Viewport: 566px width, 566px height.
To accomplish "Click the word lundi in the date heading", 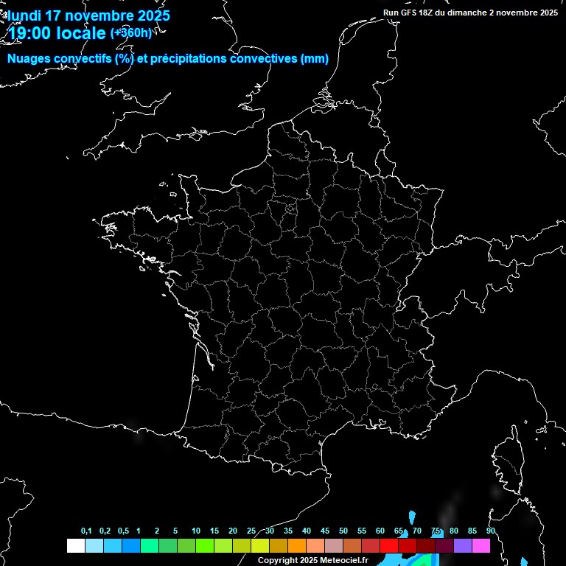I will click(25, 15).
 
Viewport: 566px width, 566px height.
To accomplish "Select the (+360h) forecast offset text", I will click(131, 32).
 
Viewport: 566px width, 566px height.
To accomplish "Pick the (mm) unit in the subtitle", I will click(315, 59).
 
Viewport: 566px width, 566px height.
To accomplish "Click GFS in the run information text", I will click(411, 13).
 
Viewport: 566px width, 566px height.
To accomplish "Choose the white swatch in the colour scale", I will click(75, 546).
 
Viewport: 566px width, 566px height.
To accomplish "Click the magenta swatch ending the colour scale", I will click(481, 546).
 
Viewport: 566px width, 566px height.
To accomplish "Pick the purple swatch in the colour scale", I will click(463, 546).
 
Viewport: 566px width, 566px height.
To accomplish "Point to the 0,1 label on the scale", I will click(86, 531).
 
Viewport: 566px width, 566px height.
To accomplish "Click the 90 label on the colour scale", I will click(491, 531).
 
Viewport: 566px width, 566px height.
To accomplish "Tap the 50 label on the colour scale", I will click(343, 531).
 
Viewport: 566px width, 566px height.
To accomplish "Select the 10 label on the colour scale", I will click(196, 531).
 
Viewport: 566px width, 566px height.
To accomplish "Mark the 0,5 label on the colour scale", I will click(123, 531).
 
